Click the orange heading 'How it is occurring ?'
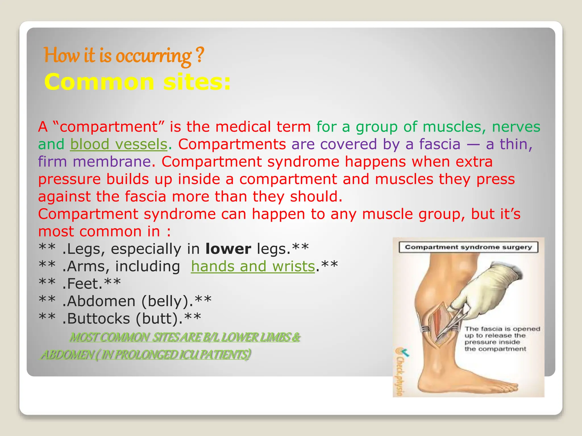click(x=124, y=56)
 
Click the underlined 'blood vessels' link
click(x=119, y=144)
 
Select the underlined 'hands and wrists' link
click(x=253, y=267)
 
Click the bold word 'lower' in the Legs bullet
click(x=228, y=249)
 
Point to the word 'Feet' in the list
click(x=84, y=284)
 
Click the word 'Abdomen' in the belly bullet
click(x=101, y=301)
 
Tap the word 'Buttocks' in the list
click(x=99, y=318)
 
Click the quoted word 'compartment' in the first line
click(x=108, y=127)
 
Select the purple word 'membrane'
click(x=112, y=162)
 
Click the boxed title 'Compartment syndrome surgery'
click(x=468, y=247)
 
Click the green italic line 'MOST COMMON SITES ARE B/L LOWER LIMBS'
click(x=185, y=338)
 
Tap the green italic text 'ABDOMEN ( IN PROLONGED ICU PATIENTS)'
click(x=145, y=355)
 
